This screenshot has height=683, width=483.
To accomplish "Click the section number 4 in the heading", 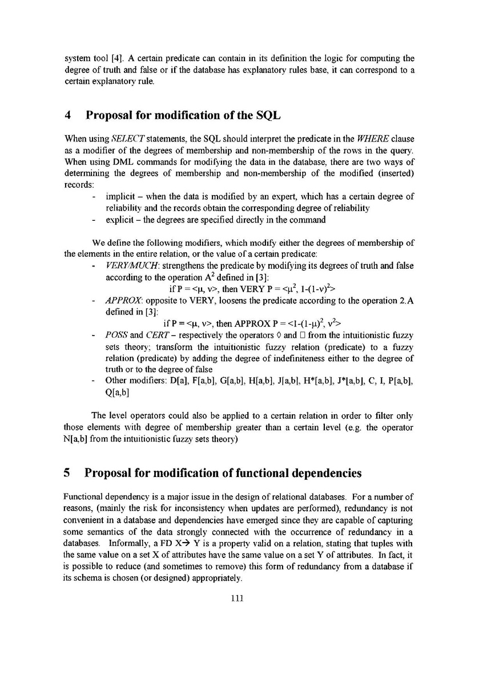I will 67,115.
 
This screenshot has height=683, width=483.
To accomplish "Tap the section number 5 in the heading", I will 67,473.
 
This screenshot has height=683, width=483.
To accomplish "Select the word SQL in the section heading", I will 267,115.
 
